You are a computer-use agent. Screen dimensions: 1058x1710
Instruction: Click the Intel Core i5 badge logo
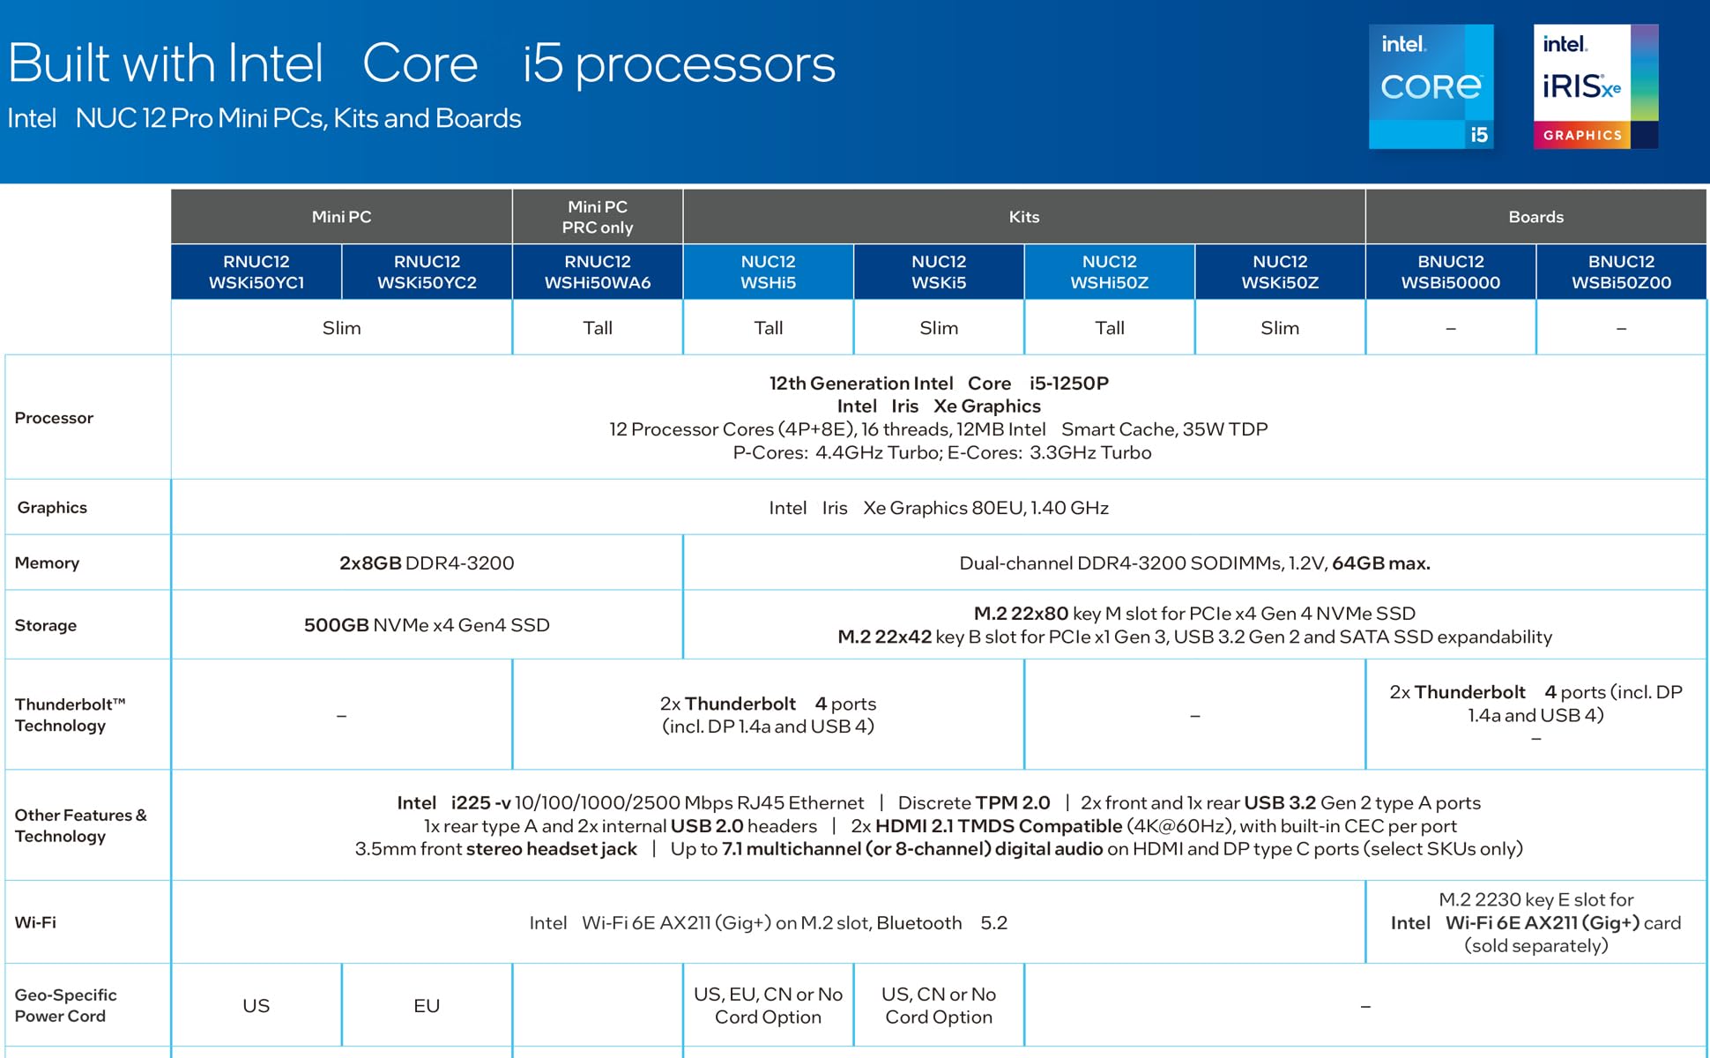tap(1431, 86)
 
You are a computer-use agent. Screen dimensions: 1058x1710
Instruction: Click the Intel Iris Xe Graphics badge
tap(1595, 86)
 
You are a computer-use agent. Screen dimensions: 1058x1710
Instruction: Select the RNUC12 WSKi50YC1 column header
tap(256, 272)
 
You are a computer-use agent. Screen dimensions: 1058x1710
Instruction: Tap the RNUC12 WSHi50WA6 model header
tap(597, 272)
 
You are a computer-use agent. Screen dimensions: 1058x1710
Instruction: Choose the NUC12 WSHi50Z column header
tap(1109, 272)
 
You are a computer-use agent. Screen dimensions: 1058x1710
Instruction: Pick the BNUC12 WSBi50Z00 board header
tap(1621, 272)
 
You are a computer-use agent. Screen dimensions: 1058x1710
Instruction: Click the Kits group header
tap(1023, 217)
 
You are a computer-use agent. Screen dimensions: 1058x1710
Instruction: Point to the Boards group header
tap(1535, 217)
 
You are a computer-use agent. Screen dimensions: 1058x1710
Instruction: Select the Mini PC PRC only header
tap(597, 217)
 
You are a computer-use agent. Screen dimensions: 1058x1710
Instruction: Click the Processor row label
tap(54, 418)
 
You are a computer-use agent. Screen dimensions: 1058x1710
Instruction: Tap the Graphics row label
tap(52, 508)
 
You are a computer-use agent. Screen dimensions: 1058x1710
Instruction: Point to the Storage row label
tap(46, 625)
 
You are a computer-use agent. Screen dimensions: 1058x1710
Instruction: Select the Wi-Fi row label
tap(35, 922)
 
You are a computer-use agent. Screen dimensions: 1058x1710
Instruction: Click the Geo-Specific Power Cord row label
tap(65, 1005)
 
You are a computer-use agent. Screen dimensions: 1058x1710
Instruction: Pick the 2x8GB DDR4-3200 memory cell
tap(427, 563)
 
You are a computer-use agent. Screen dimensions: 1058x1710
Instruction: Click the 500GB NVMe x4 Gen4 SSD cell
tap(427, 625)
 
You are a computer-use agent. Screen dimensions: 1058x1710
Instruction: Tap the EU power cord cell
tap(427, 1006)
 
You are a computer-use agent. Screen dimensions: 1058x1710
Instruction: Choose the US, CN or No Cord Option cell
tap(939, 1005)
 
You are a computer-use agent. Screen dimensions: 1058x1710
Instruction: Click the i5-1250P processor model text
tap(1068, 384)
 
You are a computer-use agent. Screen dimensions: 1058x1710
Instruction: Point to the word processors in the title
tap(705, 65)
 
